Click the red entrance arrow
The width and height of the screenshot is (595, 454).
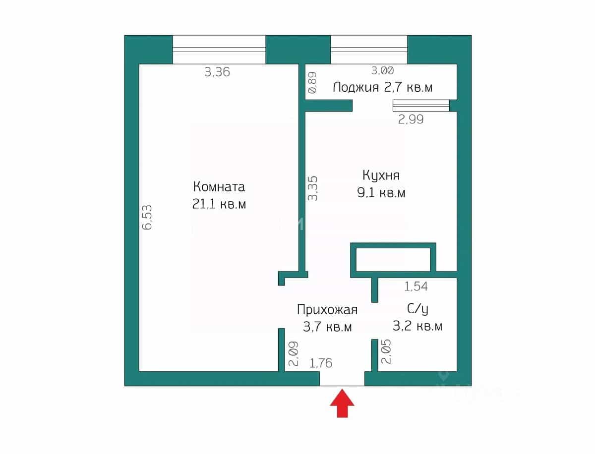pos(342,403)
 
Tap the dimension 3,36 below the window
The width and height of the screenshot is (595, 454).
pos(217,72)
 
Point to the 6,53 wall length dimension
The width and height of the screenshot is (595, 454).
pos(147,218)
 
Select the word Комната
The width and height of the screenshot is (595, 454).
pos(219,187)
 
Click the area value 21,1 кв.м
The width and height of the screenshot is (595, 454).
pos(219,204)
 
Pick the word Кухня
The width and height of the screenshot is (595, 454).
pos(381,175)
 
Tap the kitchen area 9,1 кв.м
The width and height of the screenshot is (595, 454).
pos(381,193)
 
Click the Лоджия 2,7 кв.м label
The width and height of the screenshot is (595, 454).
pos(382,88)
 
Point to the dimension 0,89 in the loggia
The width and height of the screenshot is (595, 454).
pos(312,83)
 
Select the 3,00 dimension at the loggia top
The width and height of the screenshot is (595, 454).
pos(382,71)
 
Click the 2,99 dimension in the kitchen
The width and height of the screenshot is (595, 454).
pos(411,119)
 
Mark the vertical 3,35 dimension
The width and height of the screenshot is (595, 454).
pos(312,188)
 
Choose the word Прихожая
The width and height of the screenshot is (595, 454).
pos(327,309)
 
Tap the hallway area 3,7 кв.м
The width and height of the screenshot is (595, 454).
pos(327,327)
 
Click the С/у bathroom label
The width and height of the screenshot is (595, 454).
pos(417,309)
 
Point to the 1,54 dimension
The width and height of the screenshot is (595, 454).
pos(416,286)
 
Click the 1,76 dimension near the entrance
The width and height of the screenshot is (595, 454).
pos(321,363)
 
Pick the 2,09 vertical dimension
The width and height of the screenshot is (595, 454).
pos(294,353)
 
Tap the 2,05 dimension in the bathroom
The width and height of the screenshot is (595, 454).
pos(386,351)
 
